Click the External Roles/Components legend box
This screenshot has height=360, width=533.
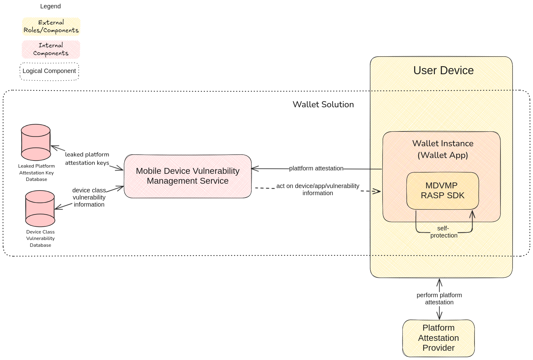[51, 27]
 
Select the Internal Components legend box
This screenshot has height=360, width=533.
[51, 49]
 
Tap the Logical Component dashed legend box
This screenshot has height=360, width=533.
[50, 71]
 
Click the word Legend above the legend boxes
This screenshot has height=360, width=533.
[50, 6]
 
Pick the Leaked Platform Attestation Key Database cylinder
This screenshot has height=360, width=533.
[36, 142]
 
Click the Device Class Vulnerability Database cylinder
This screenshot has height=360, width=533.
[40, 208]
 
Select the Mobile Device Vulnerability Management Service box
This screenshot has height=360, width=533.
[188, 176]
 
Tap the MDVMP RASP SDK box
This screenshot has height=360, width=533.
[443, 191]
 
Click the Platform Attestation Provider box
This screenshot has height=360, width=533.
[438, 338]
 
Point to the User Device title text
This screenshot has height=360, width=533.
[443, 71]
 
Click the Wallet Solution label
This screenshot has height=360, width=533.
[323, 105]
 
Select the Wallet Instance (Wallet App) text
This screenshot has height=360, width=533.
[443, 149]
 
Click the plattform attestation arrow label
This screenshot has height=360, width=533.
[316, 168]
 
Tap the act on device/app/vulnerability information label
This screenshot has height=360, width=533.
[318, 189]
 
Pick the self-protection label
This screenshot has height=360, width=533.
[444, 232]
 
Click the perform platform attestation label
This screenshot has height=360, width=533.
[439, 298]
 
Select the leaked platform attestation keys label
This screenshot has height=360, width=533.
[87, 158]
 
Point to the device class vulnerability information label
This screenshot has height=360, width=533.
[89, 197]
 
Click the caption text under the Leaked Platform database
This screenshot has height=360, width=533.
[37, 173]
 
